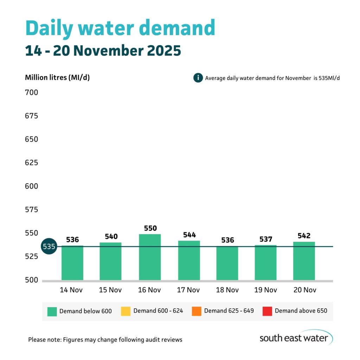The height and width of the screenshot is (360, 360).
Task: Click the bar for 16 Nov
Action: coord(150,257)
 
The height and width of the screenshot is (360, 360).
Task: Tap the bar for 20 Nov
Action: coord(304,261)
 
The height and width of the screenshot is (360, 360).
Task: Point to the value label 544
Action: coord(189,234)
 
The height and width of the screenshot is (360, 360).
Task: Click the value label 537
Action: coord(266,239)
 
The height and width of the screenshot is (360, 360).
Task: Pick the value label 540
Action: coord(111,236)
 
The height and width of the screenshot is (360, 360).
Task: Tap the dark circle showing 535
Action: coord(49,246)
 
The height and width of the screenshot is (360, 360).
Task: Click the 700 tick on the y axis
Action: coord(31,92)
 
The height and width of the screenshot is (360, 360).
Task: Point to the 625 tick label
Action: coord(31,163)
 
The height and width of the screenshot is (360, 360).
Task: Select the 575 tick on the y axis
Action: coord(31,210)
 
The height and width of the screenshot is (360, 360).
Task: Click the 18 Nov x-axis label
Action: coord(227,290)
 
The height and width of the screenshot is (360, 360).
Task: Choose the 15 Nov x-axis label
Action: coord(110,290)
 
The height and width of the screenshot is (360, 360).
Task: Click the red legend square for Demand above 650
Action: coord(267,311)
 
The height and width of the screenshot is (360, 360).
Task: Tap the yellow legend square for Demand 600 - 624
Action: coord(126,311)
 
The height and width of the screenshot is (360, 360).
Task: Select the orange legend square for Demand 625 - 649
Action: coord(197,311)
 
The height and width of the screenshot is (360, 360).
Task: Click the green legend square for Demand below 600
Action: coord(52,311)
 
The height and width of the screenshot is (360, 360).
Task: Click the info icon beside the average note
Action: coord(198,78)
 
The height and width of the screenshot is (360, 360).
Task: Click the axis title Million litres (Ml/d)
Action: coord(57,77)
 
